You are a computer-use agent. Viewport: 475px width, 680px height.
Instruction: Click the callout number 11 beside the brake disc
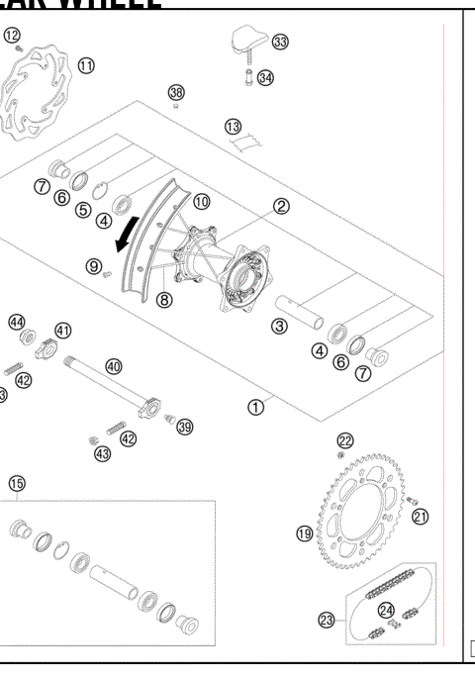click(86, 65)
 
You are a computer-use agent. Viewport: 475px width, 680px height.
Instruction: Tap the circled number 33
click(280, 42)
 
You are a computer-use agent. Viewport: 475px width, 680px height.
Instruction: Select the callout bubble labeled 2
click(281, 206)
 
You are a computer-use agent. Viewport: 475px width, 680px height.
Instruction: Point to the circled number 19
click(305, 534)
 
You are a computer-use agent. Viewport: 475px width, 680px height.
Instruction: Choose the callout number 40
click(114, 366)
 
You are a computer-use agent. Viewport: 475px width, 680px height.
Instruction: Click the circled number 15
click(16, 483)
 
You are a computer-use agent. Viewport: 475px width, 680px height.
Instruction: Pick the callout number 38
click(176, 92)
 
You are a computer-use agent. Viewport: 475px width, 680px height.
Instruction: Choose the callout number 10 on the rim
click(201, 201)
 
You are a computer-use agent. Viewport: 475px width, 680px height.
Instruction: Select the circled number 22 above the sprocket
click(344, 439)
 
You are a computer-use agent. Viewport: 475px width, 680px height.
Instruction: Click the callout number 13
click(233, 127)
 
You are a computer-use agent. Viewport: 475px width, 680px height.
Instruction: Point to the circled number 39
click(184, 426)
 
